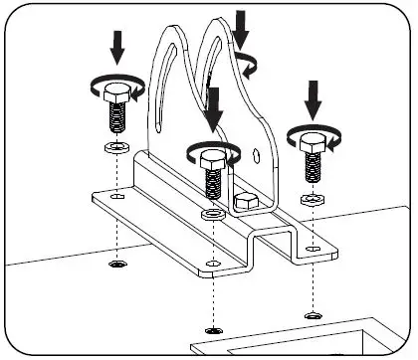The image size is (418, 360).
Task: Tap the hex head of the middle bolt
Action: coord(210,158)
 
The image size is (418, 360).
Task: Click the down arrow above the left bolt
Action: coord(116,46)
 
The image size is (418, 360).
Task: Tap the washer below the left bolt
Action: coord(115,147)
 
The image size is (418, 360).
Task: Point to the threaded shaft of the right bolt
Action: coord(313,172)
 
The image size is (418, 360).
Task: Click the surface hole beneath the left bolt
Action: coord(116,266)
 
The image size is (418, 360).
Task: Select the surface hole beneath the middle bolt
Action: coord(210,329)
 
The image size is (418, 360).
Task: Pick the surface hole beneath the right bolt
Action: coord(313,315)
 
